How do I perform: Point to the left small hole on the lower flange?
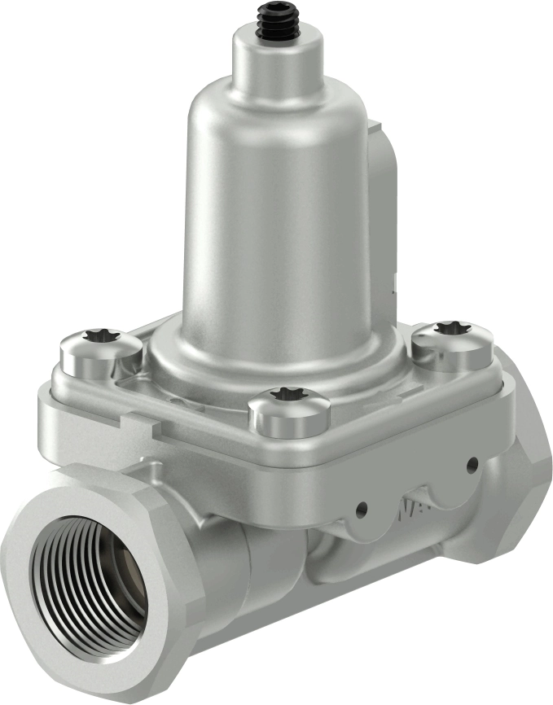(x=361, y=510)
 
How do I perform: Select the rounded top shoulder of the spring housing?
(x=244, y=98)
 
